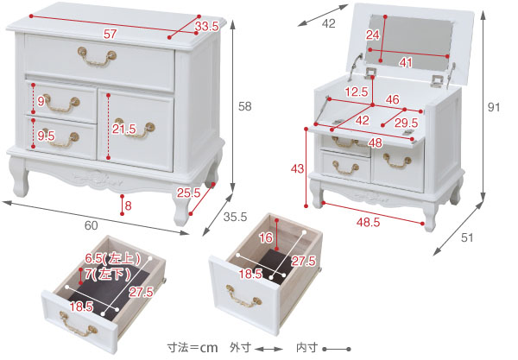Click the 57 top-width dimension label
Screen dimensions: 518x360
(x=110, y=34)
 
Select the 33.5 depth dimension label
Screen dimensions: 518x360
(x=207, y=27)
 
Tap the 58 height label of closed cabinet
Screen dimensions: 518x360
(x=245, y=106)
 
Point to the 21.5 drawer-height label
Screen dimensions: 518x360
(x=123, y=129)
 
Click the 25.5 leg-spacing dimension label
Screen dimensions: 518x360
(x=188, y=193)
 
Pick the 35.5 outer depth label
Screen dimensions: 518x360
(x=235, y=217)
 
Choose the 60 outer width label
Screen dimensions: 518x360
(x=92, y=225)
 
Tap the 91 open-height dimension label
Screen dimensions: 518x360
(x=494, y=107)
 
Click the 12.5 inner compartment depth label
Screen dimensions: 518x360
(x=357, y=92)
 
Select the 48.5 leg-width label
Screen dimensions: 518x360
(x=368, y=222)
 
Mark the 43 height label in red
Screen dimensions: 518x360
(x=297, y=168)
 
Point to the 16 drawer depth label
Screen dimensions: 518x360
(x=266, y=237)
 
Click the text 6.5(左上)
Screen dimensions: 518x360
(x=112, y=258)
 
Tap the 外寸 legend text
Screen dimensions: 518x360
(x=240, y=347)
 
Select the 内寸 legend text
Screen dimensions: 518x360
(x=306, y=347)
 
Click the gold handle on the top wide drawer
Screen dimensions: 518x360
(x=97, y=57)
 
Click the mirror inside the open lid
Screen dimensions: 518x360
(x=409, y=43)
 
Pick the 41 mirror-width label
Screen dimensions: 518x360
(x=406, y=62)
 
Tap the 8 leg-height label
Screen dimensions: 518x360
(x=128, y=205)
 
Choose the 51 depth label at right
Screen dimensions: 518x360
(x=467, y=237)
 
